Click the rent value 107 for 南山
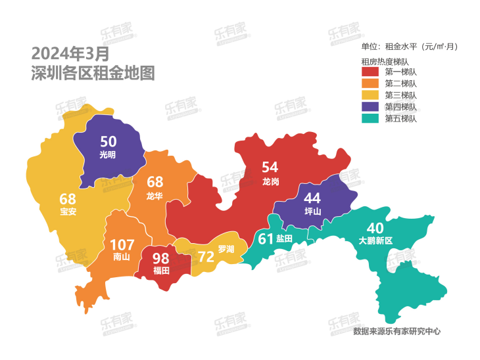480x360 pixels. tap(122, 244)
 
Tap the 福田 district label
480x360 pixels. tap(161, 270)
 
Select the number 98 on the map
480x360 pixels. tap(161, 259)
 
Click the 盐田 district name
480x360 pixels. tap(284, 239)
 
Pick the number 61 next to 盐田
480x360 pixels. tap(265, 239)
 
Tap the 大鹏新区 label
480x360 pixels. tap(375, 241)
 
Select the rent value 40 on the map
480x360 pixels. tap(375, 228)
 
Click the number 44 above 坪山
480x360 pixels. tap(313, 198)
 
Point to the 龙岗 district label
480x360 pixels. tap(270, 181)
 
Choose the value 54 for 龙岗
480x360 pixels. tap(270, 168)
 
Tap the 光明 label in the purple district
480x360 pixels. tap(108, 155)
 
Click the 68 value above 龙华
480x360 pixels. tap(155, 182)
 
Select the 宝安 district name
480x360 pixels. tap(68, 212)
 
